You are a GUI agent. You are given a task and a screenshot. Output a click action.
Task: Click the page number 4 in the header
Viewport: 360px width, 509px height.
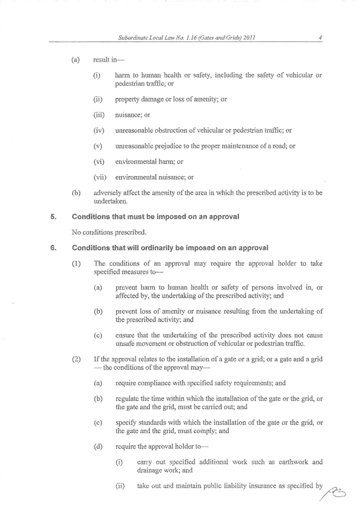point(318,37)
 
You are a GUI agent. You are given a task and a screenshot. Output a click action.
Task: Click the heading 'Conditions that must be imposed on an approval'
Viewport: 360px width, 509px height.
point(155,217)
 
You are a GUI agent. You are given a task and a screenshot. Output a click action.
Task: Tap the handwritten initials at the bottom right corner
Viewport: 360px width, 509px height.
point(335,489)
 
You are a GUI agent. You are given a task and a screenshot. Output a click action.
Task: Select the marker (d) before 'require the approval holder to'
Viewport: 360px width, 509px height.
point(98,446)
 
